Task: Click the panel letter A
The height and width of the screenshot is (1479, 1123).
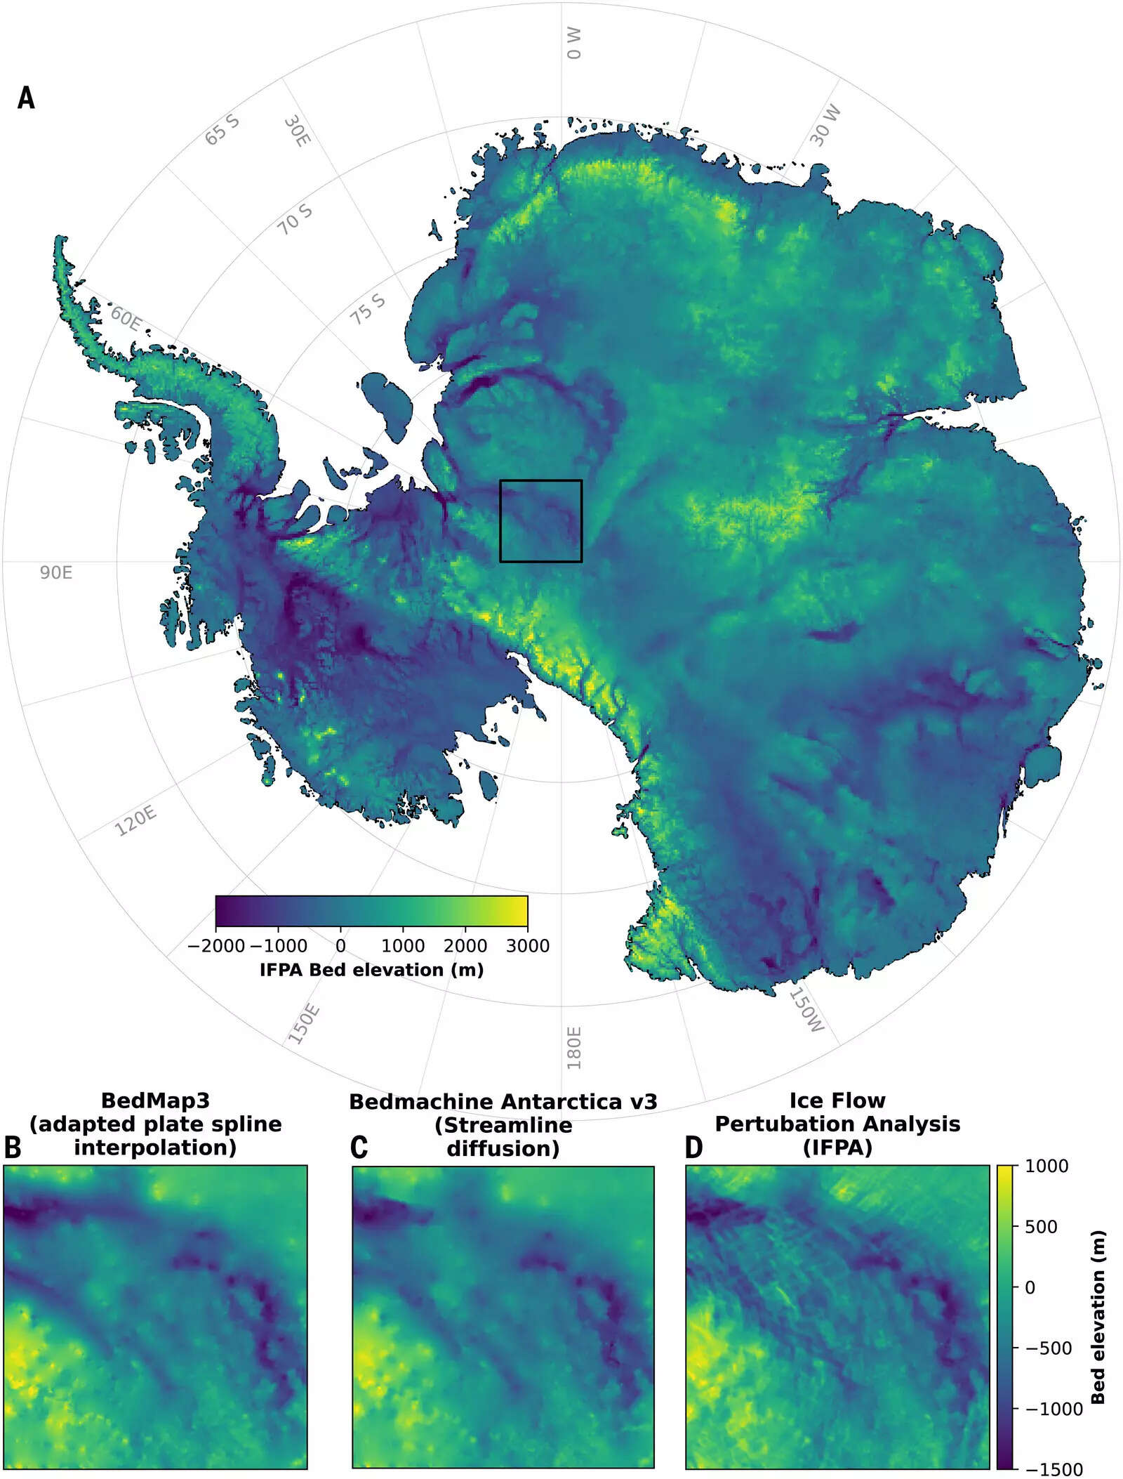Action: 26,98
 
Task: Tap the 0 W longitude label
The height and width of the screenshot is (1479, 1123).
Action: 574,44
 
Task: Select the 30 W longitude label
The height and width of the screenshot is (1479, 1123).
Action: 825,126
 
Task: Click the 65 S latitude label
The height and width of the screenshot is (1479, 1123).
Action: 222,130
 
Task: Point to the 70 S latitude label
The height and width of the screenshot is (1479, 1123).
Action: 295,220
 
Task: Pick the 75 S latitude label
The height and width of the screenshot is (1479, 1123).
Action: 368,309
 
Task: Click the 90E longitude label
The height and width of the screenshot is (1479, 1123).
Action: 55,572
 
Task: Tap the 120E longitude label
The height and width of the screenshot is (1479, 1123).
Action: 135,821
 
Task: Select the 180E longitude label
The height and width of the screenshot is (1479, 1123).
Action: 574,1048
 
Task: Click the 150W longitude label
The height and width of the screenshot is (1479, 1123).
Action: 806,1011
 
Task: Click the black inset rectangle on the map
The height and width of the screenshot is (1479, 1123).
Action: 541,481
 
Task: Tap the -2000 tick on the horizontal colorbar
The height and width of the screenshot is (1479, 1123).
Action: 216,946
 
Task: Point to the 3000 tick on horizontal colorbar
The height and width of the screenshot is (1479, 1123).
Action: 528,946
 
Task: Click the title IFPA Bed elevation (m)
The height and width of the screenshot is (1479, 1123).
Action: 371,970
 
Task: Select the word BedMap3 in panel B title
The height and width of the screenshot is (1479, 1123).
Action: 155,1100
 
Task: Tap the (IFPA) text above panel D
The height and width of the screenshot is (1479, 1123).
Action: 837,1148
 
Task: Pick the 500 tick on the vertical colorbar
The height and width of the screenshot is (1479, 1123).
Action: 1041,1227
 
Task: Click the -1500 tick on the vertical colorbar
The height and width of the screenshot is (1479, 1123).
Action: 1054,1469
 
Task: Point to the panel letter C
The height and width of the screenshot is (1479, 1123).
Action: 359,1148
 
